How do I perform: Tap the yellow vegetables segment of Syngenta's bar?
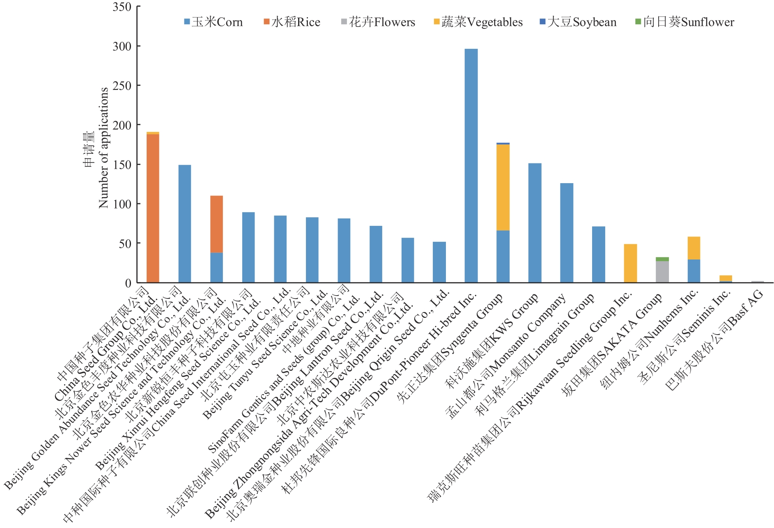[x=503, y=187]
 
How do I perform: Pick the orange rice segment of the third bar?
[x=216, y=224]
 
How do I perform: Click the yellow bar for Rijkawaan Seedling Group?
[x=630, y=263]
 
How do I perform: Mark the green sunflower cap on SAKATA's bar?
[x=662, y=259]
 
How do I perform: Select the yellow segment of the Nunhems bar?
[x=694, y=248]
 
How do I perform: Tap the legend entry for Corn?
[x=214, y=22]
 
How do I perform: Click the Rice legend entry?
[x=292, y=22]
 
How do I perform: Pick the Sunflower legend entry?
[x=685, y=22]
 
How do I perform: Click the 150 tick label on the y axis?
[x=122, y=165]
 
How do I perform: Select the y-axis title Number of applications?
[x=103, y=148]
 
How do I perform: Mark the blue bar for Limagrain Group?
[x=598, y=255]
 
